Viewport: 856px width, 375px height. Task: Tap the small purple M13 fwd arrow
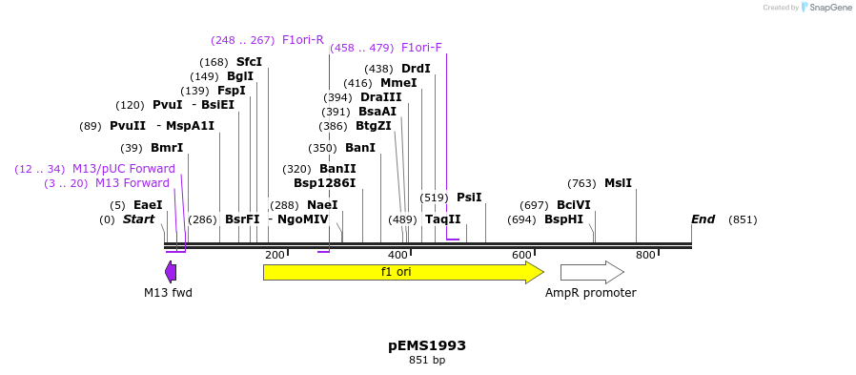point(171,272)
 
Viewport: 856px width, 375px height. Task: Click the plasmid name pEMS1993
point(427,345)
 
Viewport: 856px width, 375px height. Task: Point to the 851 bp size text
point(427,361)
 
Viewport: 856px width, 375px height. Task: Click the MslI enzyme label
point(618,183)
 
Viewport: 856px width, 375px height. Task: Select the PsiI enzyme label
point(469,198)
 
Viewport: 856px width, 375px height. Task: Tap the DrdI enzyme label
point(416,69)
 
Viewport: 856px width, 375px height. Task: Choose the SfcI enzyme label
point(249,62)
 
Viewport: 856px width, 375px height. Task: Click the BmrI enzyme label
point(167,148)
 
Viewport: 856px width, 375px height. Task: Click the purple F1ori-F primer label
point(421,48)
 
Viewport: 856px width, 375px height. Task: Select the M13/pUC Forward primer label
point(124,169)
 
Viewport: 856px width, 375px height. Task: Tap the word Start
point(138,219)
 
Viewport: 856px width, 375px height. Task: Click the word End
point(703,219)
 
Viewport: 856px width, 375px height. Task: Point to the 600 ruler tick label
point(521,255)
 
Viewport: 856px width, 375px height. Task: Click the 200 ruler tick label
point(275,255)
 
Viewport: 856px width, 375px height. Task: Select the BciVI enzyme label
point(574,205)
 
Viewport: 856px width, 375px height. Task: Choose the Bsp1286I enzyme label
point(324,183)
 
